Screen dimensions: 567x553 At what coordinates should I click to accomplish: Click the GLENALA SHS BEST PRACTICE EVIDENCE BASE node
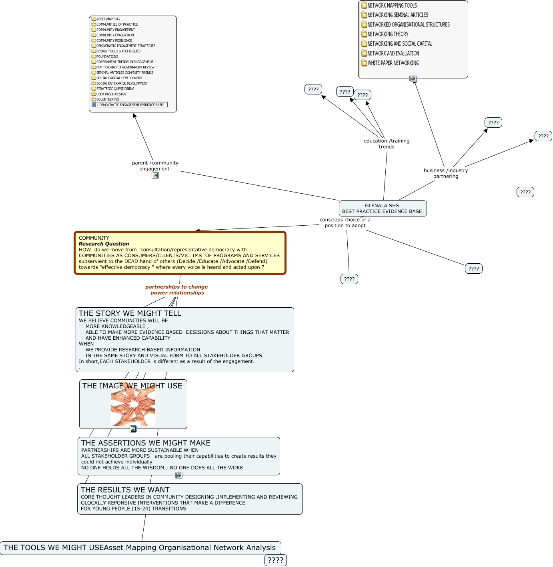point(383,208)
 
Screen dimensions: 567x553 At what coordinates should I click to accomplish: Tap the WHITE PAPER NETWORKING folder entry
point(393,63)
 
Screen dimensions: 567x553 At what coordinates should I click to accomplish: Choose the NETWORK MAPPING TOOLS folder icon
point(364,5)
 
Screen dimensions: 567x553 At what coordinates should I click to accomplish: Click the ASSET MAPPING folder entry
point(108,19)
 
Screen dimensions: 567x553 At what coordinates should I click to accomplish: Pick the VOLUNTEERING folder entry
point(107,99)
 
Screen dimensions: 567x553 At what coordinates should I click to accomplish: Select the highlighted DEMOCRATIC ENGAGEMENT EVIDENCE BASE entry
point(131,105)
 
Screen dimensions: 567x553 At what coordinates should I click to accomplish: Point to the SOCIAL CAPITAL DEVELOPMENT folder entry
point(119,78)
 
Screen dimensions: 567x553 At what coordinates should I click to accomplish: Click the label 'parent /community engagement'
point(155,166)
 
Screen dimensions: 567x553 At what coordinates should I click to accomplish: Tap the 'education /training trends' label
point(387,144)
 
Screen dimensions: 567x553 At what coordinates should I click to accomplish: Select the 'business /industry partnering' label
point(446,173)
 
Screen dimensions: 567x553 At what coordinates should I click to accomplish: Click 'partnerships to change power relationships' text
point(177,290)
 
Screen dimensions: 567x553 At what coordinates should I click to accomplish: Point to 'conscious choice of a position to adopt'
point(345,222)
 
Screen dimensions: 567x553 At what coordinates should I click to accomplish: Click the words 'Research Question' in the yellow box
point(104,244)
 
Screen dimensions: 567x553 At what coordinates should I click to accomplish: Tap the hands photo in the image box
point(133,405)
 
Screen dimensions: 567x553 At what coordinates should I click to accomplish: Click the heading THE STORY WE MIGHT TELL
point(130,313)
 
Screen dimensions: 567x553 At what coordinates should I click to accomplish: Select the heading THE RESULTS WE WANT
point(125,490)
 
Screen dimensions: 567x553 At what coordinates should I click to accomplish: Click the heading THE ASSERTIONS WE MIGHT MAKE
point(146,443)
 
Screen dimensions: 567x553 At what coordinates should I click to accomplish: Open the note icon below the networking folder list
point(413,78)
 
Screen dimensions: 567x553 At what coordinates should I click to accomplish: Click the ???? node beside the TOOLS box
point(275,560)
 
